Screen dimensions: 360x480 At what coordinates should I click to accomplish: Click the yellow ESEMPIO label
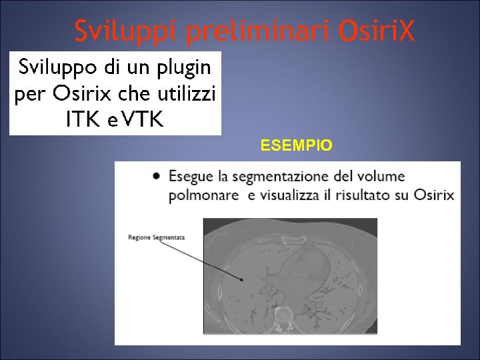point(296,145)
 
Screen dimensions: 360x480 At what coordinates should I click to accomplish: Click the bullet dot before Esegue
point(155,177)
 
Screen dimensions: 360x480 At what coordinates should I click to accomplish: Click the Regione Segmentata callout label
point(157,237)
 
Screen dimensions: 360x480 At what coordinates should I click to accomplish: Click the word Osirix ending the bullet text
point(434,196)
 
